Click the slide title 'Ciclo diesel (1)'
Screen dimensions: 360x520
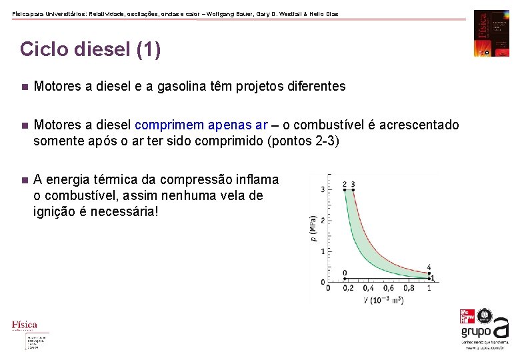coord(90,50)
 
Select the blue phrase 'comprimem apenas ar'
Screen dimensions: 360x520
coord(201,125)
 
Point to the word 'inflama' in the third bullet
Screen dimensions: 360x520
coord(257,180)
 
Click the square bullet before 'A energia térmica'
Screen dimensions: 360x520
coord(23,180)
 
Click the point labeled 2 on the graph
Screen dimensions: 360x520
coord(345,190)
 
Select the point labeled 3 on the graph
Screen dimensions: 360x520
coord(353,190)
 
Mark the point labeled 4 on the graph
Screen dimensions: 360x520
coord(429,271)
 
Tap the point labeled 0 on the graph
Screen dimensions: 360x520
coord(345,278)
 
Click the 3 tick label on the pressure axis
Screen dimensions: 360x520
coord(323,190)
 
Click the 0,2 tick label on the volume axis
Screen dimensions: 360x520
coord(347,288)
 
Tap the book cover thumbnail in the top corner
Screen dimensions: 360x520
coord(491,33)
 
